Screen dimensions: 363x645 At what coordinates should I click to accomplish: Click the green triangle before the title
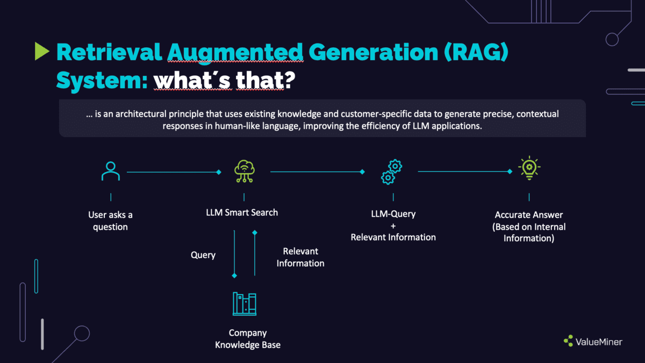pyautogui.click(x=42, y=51)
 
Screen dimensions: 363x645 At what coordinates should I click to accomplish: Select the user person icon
pyautogui.click(x=111, y=172)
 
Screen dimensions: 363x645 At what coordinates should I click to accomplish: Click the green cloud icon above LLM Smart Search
pyautogui.click(x=244, y=172)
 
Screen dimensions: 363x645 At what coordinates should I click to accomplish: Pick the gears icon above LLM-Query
pyautogui.click(x=391, y=172)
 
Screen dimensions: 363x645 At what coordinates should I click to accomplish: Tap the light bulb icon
pyautogui.click(x=529, y=168)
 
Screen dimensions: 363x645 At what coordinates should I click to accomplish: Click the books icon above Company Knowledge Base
pyautogui.click(x=245, y=304)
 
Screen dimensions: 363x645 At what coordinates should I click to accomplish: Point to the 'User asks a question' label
pyautogui.click(x=111, y=221)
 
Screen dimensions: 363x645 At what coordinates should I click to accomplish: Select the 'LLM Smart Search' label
pyautogui.click(x=242, y=212)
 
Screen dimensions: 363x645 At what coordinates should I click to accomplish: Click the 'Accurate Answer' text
pyautogui.click(x=529, y=215)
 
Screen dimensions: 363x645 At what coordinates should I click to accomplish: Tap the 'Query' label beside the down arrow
pyautogui.click(x=203, y=255)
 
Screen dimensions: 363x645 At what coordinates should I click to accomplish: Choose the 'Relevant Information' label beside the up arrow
pyautogui.click(x=300, y=257)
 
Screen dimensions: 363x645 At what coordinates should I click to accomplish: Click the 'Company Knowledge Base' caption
pyautogui.click(x=248, y=339)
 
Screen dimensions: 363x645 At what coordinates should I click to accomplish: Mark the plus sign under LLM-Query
pyautogui.click(x=393, y=226)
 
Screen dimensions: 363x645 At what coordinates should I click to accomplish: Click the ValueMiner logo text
pyautogui.click(x=599, y=341)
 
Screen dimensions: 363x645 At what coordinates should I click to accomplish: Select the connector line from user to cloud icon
pyautogui.click(x=172, y=172)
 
